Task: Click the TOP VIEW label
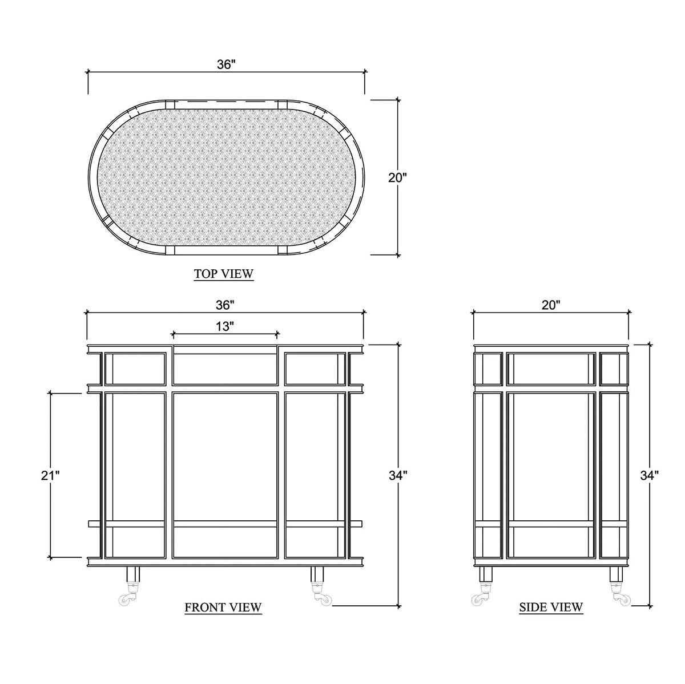tap(224, 274)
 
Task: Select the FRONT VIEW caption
tap(223, 607)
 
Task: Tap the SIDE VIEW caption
tap(551, 607)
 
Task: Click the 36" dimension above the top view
tap(227, 64)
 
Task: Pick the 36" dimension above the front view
tap(225, 305)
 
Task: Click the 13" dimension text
tap(225, 326)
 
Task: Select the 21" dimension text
tap(50, 475)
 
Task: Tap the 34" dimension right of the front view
tap(398, 475)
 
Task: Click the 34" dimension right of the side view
tap(650, 475)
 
